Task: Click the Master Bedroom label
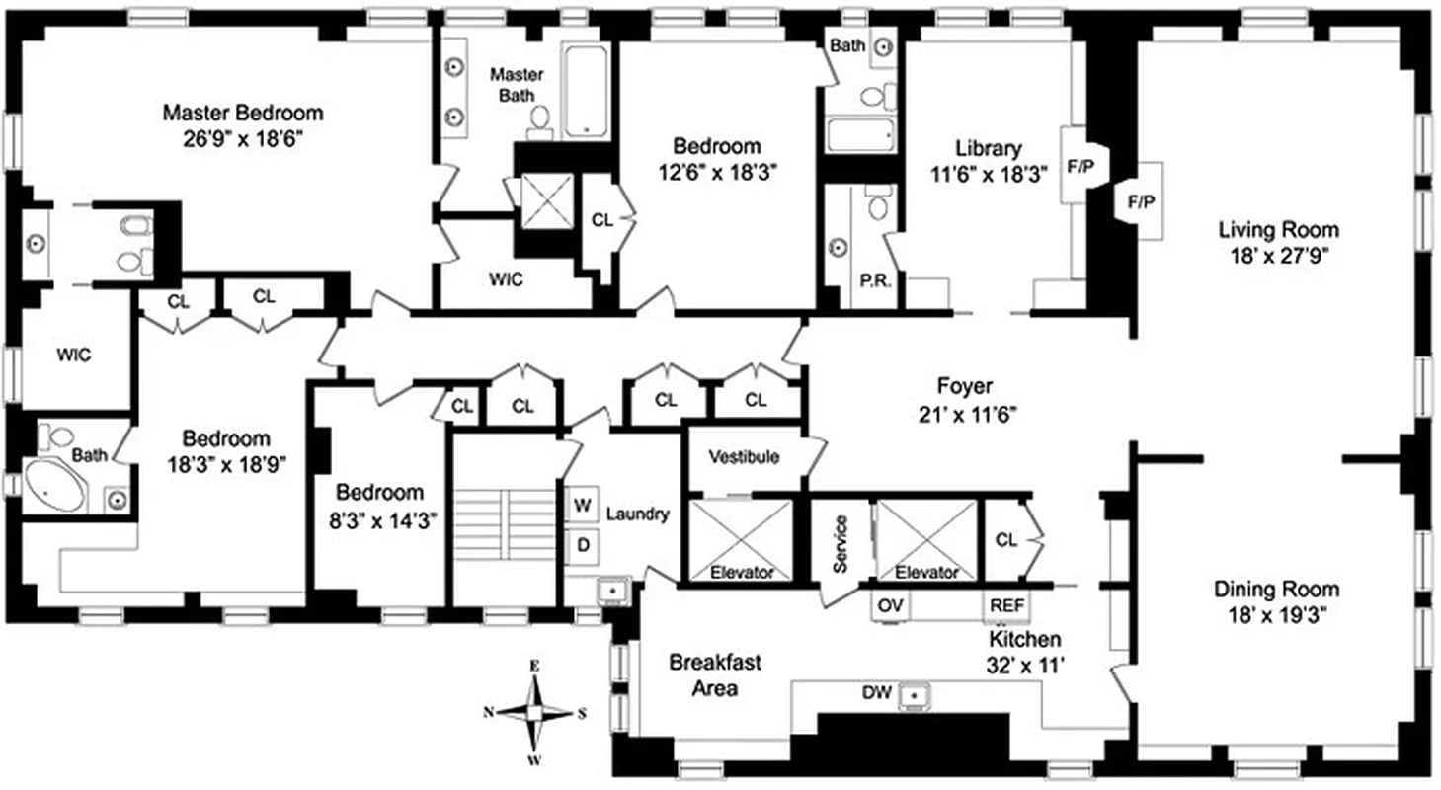pos(242,113)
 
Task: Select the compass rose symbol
pos(534,711)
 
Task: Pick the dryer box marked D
pos(583,542)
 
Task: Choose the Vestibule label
pos(744,457)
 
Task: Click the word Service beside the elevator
pos(841,543)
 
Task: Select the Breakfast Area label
pos(702,674)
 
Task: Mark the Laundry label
pos(637,513)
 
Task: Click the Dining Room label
pos(1276,590)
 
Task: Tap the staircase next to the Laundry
pos(506,523)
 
